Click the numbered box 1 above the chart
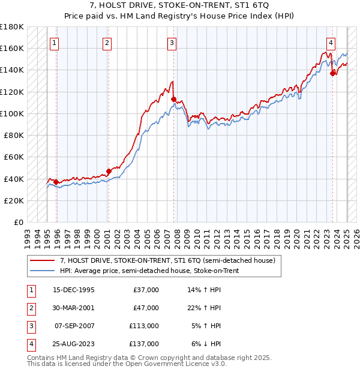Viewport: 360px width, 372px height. click(55, 42)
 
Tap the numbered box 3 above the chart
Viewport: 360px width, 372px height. click(172, 42)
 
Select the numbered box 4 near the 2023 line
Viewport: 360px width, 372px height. click(331, 42)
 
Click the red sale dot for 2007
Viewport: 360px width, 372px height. click(173, 100)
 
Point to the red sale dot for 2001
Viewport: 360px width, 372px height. click(109, 171)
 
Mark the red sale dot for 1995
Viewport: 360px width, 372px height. click(56, 182)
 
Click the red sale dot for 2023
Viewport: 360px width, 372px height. click(332, 73)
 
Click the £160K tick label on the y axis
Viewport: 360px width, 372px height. click(12, 48)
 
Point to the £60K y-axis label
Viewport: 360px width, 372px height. click(14, 157)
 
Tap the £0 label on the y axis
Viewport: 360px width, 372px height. click(18, 222)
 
